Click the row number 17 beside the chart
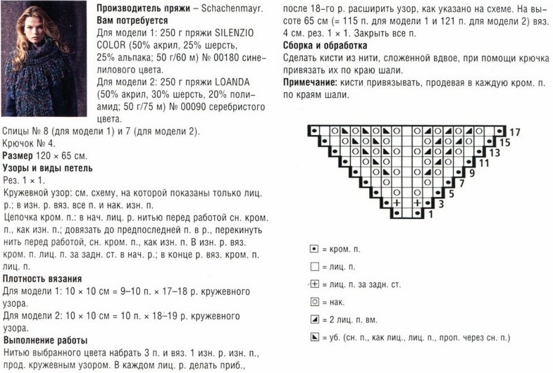[x=514, y=132]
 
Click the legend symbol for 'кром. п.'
[x=314, y=250]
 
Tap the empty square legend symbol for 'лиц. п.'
[x=314, y=267]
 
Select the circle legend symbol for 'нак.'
[x=314, y=302]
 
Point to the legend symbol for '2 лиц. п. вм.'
[x=314, y=320]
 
